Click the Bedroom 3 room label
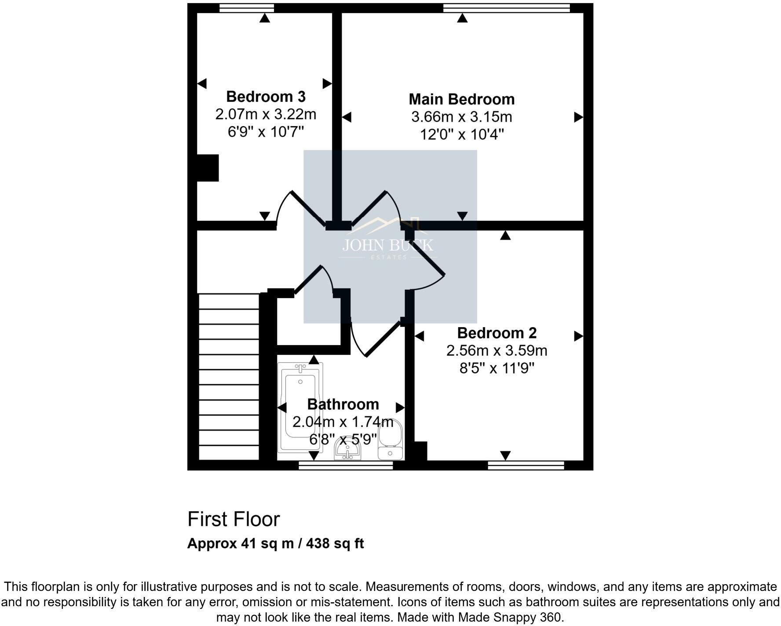(266, 96)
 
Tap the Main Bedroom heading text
(461, 99)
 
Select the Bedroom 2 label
(496, 333)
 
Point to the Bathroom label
(343, 404)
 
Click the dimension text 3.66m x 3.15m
(461, 117)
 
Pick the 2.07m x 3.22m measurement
(266, 114)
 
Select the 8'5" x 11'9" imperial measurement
(496, 368)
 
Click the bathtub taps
(300, 367)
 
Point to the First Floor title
(234, 519)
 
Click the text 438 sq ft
(335, 544)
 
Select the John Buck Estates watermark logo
(387, 240)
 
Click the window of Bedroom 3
(246, 8)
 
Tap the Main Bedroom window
(506, 8)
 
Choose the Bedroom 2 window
(526, 466)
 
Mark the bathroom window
(345, 466)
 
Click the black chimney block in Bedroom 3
(207, 167)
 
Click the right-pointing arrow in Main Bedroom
(578, 117)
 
